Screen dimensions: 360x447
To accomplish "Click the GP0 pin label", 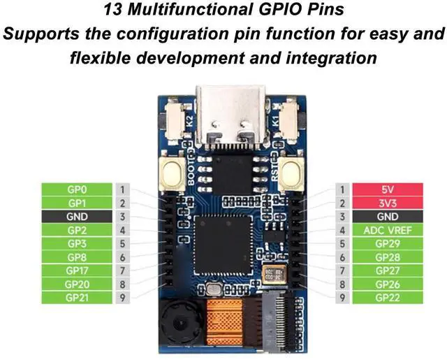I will point(77,189).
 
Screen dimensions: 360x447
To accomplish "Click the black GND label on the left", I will point(77,217).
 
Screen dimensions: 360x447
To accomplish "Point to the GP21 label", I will point(77,298).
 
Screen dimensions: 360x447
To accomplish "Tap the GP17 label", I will point(77,271).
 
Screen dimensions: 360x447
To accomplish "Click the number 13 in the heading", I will point(112,10).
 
